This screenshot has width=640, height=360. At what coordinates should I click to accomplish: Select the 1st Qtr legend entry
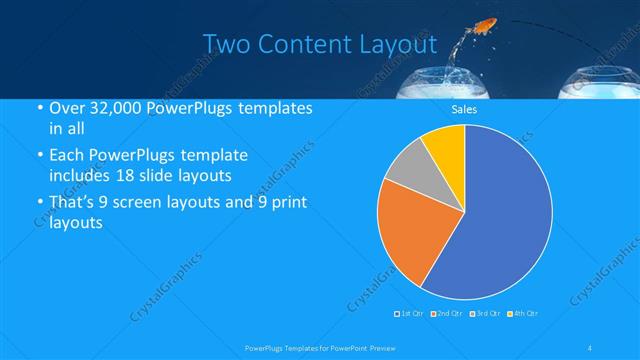point(411,314)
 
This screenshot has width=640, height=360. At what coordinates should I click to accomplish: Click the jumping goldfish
point(487,24)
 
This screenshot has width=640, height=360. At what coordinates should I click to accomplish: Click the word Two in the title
point(225,45)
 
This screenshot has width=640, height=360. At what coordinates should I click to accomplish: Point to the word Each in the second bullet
point(67,156)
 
